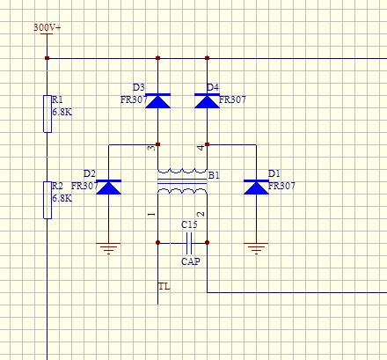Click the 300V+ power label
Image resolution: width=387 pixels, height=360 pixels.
click(47, 27)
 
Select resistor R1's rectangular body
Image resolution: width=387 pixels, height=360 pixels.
click(47, 114)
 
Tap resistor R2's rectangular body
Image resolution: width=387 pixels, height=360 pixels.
click(47, 200)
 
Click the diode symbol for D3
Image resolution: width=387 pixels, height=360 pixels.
click(157, 101)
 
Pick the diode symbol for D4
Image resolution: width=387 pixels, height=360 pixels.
click(207, 101)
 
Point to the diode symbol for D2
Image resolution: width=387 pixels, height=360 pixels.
click(108, 187)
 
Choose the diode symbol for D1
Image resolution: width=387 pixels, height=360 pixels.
click(256, 187)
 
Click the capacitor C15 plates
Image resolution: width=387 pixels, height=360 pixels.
click(189, 243)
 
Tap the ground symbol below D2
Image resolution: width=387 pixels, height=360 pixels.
click(108, 248)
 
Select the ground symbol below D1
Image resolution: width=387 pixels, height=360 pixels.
click(256, 248)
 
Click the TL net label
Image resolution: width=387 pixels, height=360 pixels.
click(164, 286)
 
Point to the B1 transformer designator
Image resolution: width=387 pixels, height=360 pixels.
click(214, 175)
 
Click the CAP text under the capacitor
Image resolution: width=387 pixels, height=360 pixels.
click(191, 261)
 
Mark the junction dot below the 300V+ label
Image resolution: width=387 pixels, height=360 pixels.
click(47, 58)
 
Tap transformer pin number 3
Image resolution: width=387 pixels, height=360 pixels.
click(151, 148)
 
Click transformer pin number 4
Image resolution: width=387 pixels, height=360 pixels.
click(201, 148)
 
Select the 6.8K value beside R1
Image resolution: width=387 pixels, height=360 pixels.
click(62, 112)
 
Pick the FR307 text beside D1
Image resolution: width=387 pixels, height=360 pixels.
click(281, 186)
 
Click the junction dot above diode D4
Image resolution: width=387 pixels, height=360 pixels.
click(207, 58)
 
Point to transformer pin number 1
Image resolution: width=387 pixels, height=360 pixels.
click(151, 214)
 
